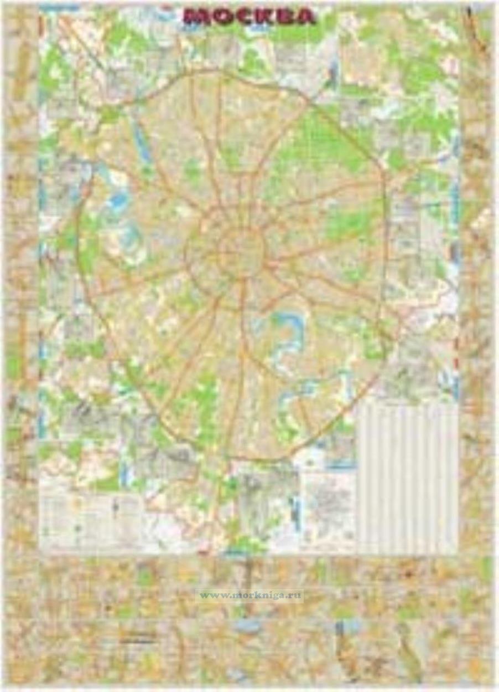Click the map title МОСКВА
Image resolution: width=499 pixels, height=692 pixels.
[249, 17]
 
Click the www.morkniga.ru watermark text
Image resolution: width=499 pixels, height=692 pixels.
[250, 596]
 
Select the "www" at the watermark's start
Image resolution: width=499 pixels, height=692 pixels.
[209, 596]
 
